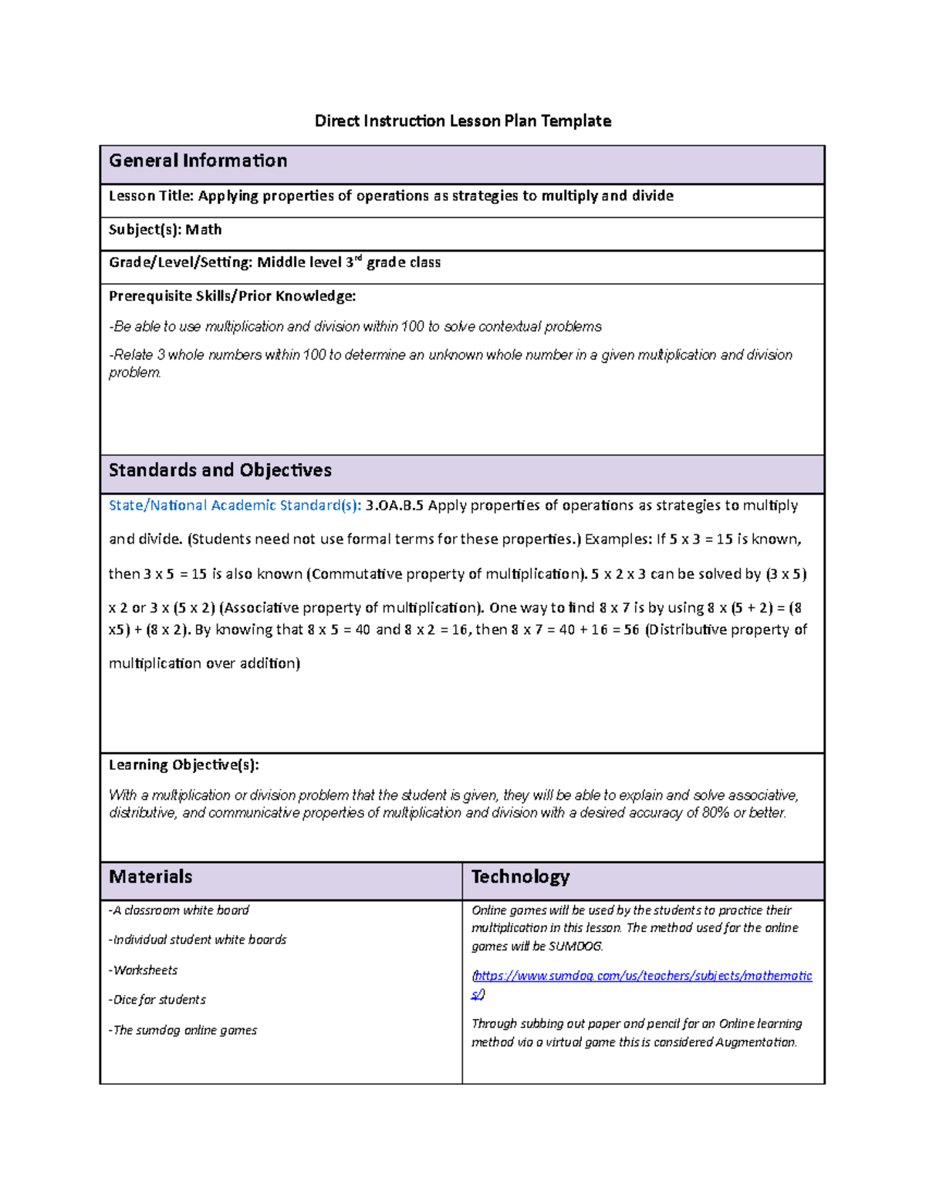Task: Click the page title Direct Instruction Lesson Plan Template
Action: (x=462, y=121)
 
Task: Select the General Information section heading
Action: (x=198, y=161)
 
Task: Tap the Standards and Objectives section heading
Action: (x=220, y=470)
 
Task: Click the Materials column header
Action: (x=150, y=877)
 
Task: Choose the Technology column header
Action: (x=520, y=877)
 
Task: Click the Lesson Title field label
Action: (x=151, y=196)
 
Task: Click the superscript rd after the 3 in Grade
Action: (x=358, y=259)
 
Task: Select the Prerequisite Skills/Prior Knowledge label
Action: (x=232, y=296)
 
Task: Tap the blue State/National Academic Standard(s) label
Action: (x=235, y=506)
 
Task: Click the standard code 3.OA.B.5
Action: (x=394, y=506)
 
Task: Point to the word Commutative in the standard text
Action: (x=357, y=574)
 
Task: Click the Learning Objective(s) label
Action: (x=184, y=765)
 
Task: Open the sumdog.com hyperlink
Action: (x=642, y=977)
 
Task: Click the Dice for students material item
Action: (x=157, y=1000)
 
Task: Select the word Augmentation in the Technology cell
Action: (x=755, y=1042)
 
